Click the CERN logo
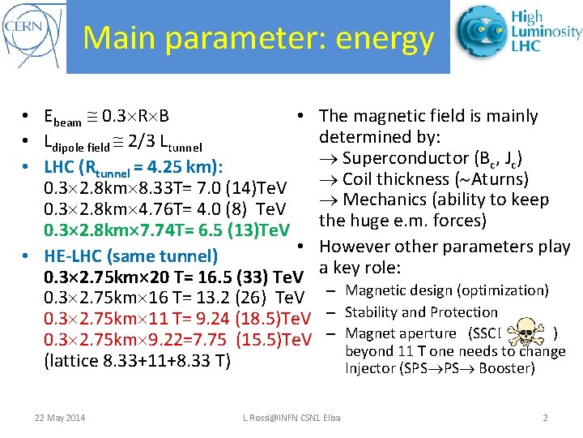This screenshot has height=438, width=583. [x=32, y=36]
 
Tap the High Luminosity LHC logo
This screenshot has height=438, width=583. [x=518, y=32]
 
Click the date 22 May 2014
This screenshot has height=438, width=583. [x=59, y=418]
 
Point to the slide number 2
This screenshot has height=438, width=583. [x=545, y=418]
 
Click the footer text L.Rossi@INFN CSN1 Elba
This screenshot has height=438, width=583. [x=291, y=418]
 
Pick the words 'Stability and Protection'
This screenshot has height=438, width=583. [x=421, y=312]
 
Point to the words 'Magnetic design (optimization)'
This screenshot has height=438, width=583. [x=447, y=290]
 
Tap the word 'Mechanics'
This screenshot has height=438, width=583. [x=389, y=200]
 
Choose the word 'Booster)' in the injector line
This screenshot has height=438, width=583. [x=507, y=368]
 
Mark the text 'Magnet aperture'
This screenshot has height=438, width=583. [x=401, y=333]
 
